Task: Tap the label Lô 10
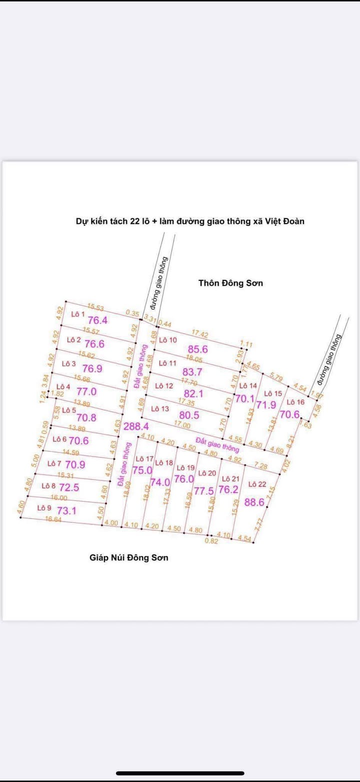pyautogui.click(x=168, y=340)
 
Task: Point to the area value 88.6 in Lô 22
pyautogui.click(x=254, y=502)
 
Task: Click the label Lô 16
pyautogui.click(x=295, y=402)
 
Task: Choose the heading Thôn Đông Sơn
pyautogui.click(x=230, y=283)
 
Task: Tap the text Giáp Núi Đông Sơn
pyautogui.click(x=128, y=557)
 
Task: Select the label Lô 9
pyautogui.click(x=44, y=508)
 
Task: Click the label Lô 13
pyautogui.click(x=160, y=409)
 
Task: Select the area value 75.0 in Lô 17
pyautogui.click(x=142, y=470)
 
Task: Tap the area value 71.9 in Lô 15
pyautogui.click(x=266, y=405)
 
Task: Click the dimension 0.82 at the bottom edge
pyautogui.click(x=211, y=540)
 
